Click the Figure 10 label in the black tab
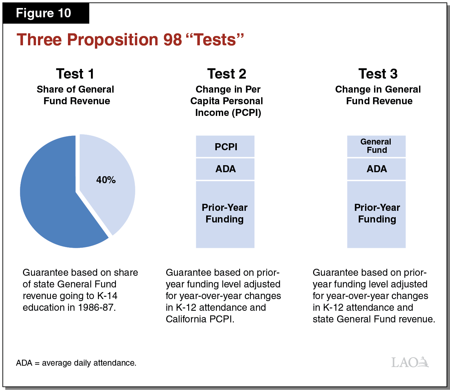(x=43, y=13)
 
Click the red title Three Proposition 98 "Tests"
(x=130, y=40)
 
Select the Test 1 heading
(x=75, y=74)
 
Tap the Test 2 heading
(x=226, y=74)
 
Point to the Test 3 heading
(x=378, y=74)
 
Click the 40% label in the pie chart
(x=106, y=180)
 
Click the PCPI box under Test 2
(x=225, y=147)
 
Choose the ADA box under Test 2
(x=225, y=169)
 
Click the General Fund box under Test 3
(x=376, y=146)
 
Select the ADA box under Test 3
(x=376, y=169)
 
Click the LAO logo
(x=410, y=362)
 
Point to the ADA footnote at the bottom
(x=76, y=363)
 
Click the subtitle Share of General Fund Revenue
(x=76, y=95)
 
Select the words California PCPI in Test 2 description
(x=200, y=319)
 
